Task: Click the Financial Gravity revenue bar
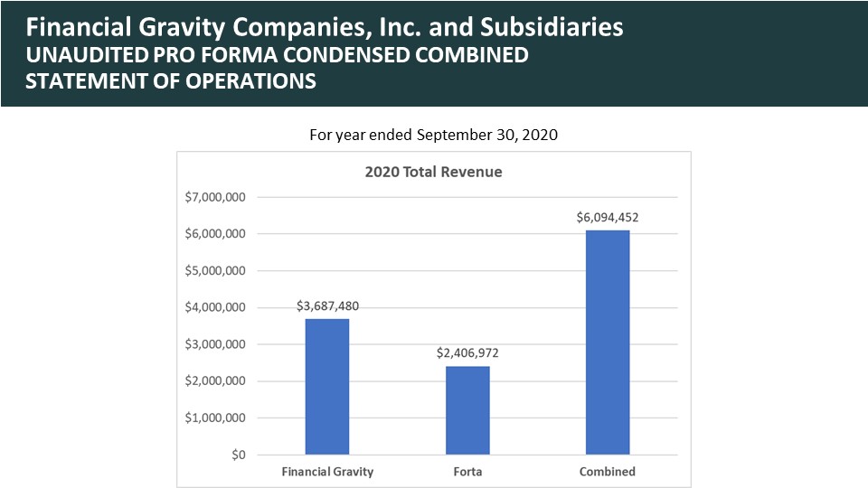tap(327, 387)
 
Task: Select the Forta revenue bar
tap(467, 410)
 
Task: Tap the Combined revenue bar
tap(608, 343)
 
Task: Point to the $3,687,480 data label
tap(327, 306)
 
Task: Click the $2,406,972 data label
tap(467, 353)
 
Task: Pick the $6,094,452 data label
tap(608, 218)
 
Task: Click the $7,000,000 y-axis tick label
tap(215, 197)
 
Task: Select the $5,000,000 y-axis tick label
tap(215, 270)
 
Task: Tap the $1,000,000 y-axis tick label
tap(215, 418)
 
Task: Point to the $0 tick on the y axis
tap(239, 455)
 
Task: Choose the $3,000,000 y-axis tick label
tap(215, 344)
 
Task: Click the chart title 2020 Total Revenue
tap(433, 172)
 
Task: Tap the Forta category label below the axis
tap(467, 472)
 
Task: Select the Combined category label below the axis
tap(608, 472)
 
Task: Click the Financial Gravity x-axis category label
tap(327, 472)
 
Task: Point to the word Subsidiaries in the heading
tap(552, 27)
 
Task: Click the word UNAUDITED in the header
tap(87, 55)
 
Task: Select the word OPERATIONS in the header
tap(250, 81)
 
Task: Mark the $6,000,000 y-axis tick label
tap(215, 234)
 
